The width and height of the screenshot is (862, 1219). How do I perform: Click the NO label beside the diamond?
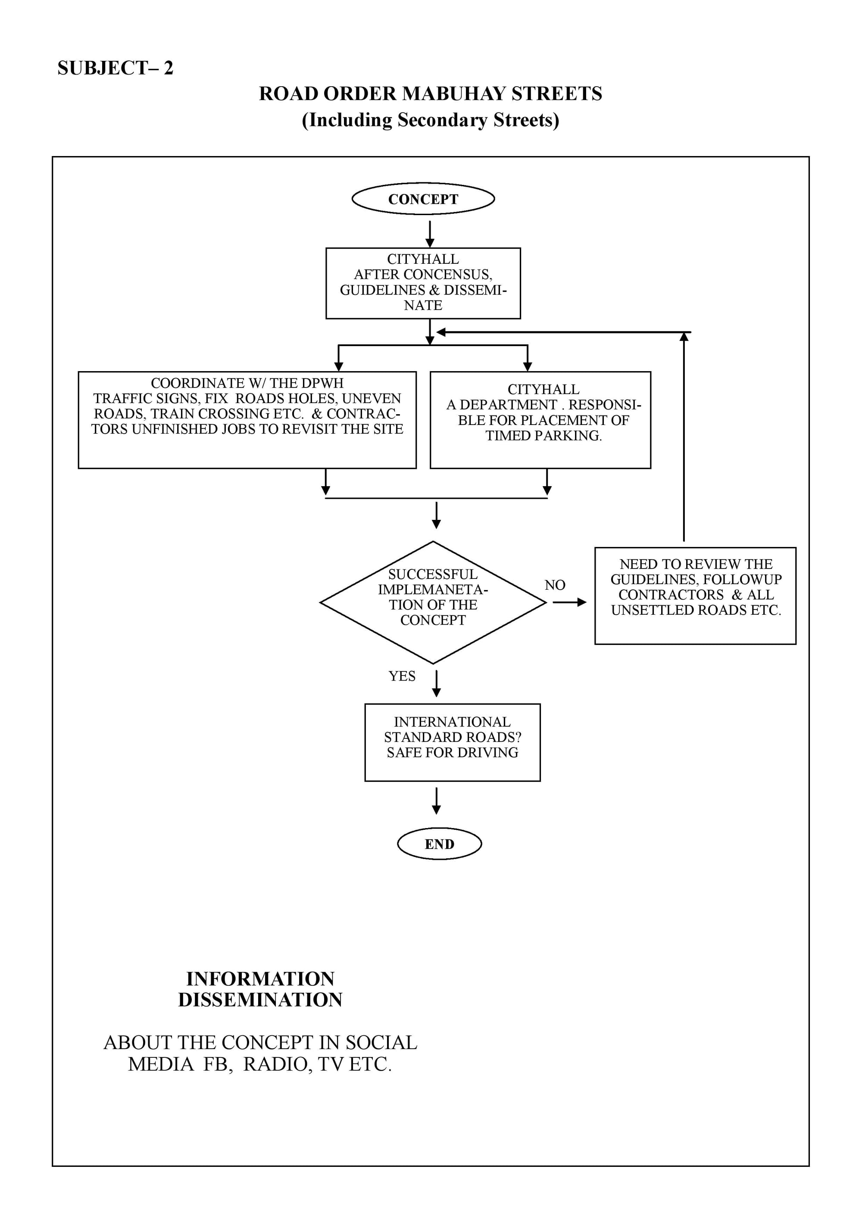click(x=555, y=585)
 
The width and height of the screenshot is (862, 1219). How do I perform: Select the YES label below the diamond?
click(x=402, y=676)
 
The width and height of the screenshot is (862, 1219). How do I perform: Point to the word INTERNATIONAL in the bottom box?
click(x=452, y=722)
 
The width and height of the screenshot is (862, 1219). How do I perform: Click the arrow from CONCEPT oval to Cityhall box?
click(x=430, y=234)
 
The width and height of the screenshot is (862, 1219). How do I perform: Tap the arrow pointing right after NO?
click(x=569, y=602)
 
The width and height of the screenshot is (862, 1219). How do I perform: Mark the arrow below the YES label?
click(x=436, y=683)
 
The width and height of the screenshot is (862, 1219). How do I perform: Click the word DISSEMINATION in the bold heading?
click(x=260, y=1000)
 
